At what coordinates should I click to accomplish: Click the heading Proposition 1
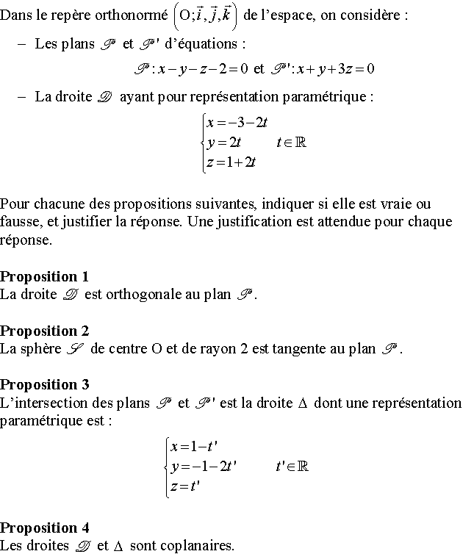44,277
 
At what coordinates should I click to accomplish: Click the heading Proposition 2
44,331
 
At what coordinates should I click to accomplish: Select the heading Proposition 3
44,384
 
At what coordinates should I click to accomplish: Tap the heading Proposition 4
44,528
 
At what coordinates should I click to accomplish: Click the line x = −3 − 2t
236,123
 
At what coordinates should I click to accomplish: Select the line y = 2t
219,143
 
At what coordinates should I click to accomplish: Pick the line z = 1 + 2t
231,162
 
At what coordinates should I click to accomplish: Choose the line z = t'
185,486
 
